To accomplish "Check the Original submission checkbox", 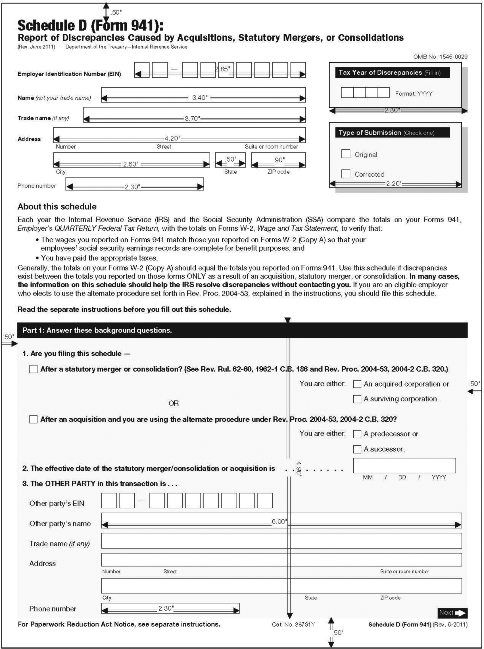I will pos(346,154).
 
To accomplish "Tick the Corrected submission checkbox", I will pos(346,173).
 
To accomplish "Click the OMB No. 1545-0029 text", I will pos(440,57).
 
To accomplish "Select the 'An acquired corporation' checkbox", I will pos(357,384).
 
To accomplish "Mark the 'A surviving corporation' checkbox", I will pos(357,399).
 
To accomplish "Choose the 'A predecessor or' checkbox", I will pos(357,434).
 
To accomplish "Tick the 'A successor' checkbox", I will pos(357,449).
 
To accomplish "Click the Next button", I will pos(452,613).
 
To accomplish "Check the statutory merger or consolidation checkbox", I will pos(34,369).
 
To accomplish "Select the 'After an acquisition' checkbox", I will pos(34,419).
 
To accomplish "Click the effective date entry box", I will pos(404,465).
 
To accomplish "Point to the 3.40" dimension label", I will pos(200,98).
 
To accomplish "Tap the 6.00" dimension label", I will pos(279,521).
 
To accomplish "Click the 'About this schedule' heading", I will pos(57,206).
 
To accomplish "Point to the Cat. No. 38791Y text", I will pos(293,624).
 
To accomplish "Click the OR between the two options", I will pos(174,403).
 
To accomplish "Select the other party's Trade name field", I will pos(281,541).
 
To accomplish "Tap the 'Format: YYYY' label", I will pos(414,94).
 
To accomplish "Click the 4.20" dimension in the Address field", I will pos(172,138).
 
